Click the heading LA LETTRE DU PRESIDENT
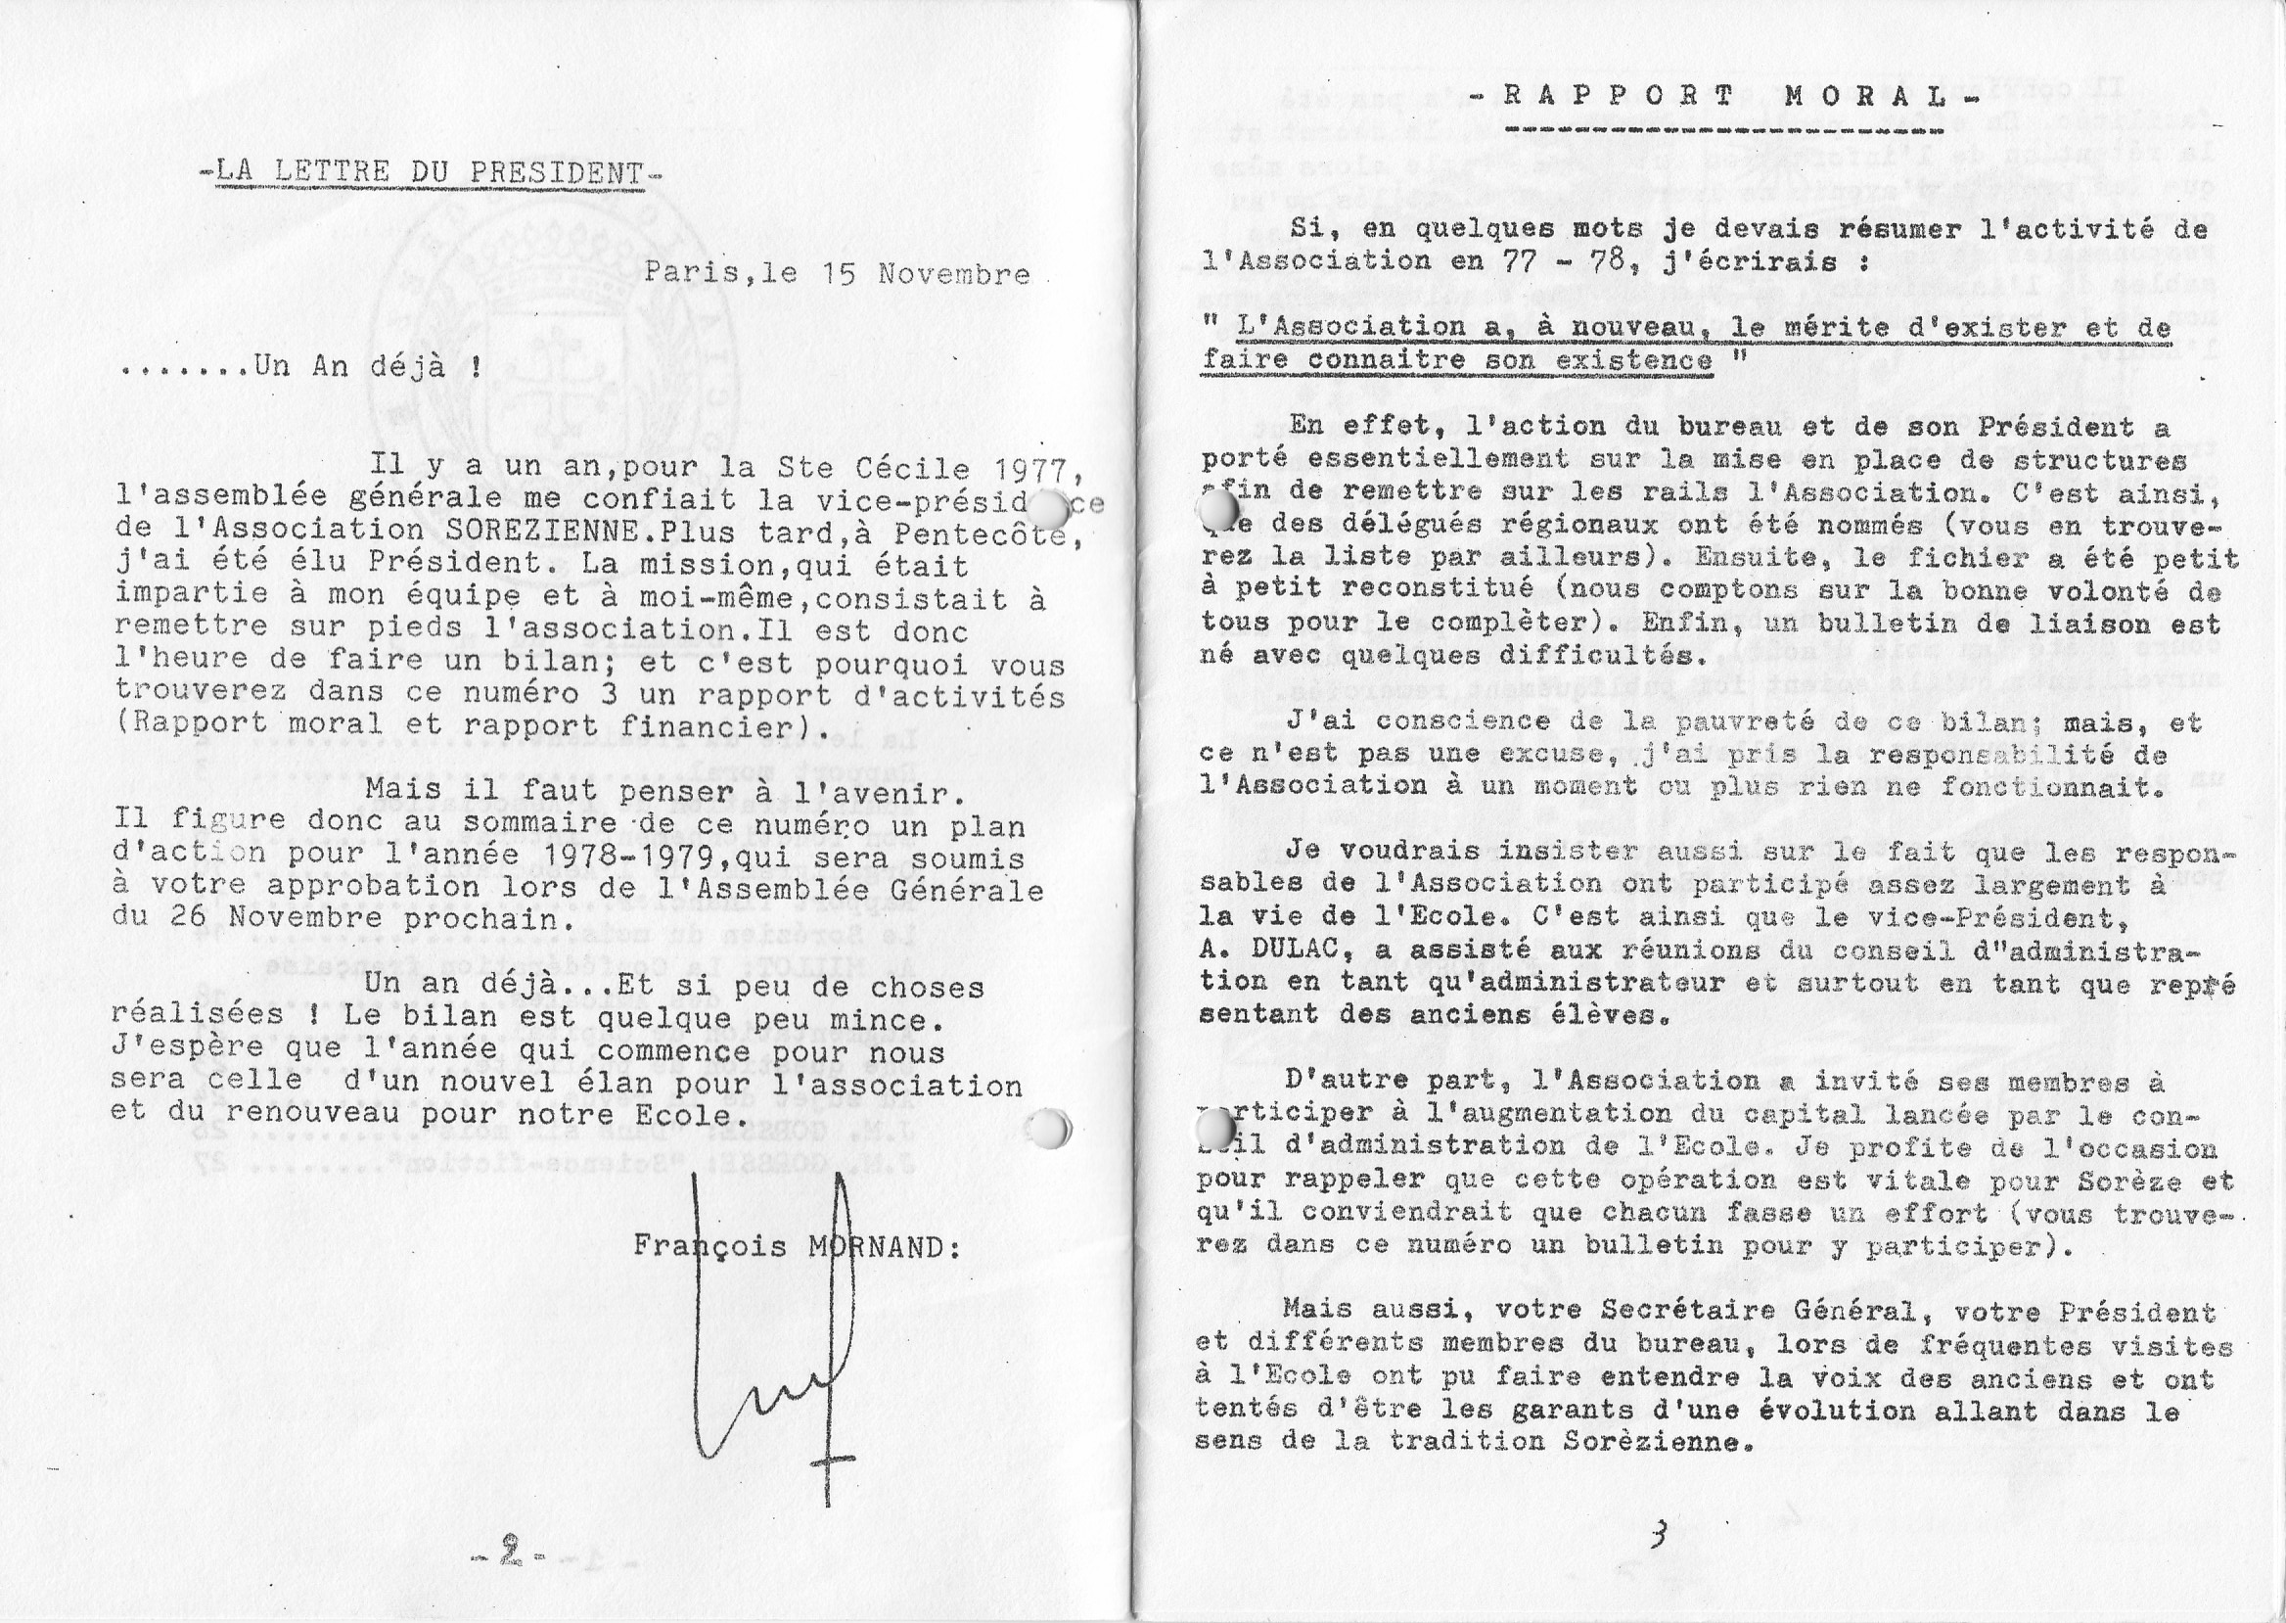click(431, 172)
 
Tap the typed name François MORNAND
click(796, 1246)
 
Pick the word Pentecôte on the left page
click(975, 533)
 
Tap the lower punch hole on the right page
click(1217, 1131)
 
